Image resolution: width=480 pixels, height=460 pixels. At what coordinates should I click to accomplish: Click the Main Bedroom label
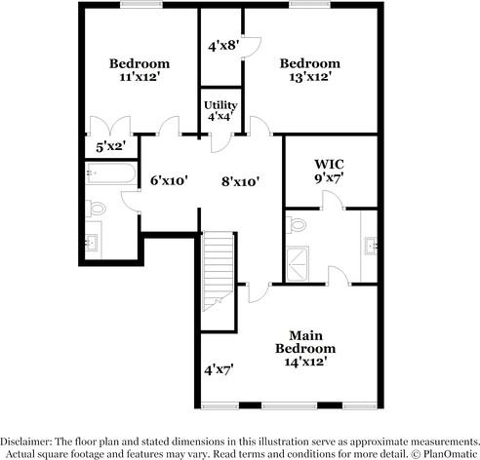pyautogui.click(x=305, y=342)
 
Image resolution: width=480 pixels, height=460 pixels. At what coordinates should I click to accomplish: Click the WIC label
pyautogui.click(x=329, y=163)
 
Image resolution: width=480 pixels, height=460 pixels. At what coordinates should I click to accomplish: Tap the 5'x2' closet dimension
pyautogui.click(x=111, y=147)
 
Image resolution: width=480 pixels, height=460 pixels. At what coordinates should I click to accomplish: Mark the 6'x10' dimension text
pyautogui.click(x=167, y=180)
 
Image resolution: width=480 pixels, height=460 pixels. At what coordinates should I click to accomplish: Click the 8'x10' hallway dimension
pyautogui.click(x=239, y=180)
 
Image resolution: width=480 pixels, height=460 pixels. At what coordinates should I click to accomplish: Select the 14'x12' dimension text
pyautogui.click(x=305, y=361)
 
